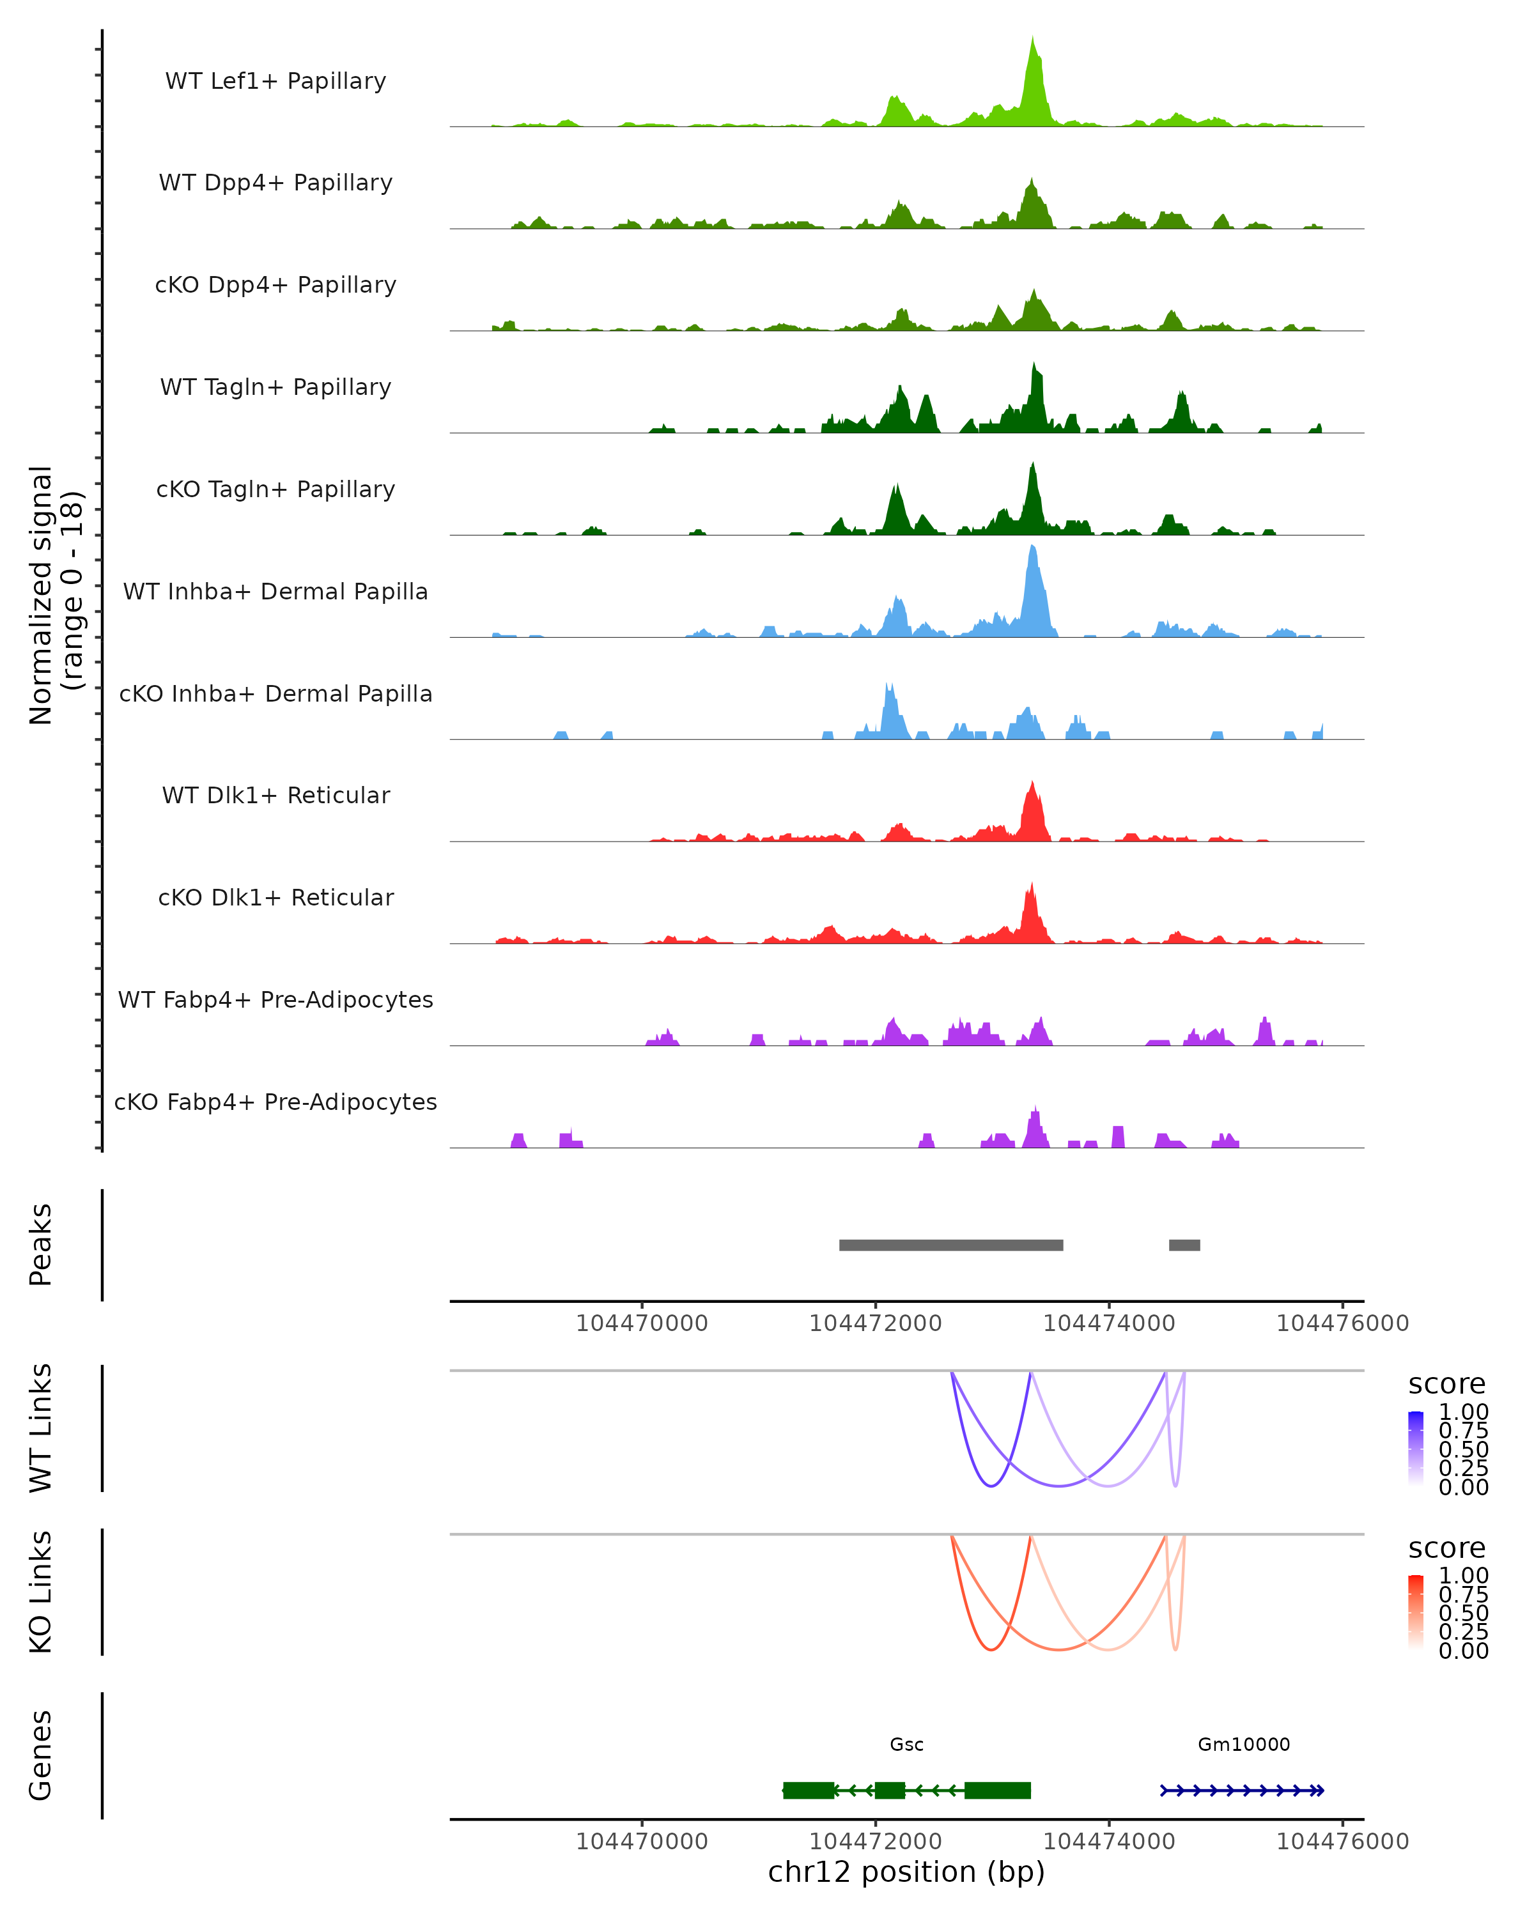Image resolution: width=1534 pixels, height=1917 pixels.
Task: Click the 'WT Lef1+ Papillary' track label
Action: click(x=275, y=81)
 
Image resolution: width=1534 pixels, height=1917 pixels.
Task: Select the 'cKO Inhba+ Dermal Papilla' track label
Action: click(x=275, y=693)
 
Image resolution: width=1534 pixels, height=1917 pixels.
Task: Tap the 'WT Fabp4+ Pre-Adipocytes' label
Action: click(x=275, y=999)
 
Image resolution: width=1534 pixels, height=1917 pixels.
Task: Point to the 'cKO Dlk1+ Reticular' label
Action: click(x=275, y=897)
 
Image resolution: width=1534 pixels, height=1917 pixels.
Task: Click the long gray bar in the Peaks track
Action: click(x=950, y=1245)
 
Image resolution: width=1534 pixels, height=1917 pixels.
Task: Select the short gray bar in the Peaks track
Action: click(x=1184, y=1245)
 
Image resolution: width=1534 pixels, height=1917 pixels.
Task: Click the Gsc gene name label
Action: click(x=906, y=1744)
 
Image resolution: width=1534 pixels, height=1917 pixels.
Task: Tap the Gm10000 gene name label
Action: click(x=1243, y=1744)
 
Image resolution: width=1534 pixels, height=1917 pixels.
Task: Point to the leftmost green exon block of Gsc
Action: click(x=809, y=1790)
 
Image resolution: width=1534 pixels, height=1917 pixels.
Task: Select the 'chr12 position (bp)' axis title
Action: click(x=906, y=1872)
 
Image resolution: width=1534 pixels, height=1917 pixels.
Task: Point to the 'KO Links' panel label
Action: click(x=41, y=1592)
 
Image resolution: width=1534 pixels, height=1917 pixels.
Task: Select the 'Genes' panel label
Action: click(x=41, y=1755)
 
